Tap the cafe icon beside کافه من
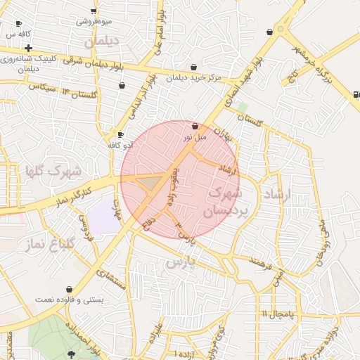pyautogui.click(x=18, y=24)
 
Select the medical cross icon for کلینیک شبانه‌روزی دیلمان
pyautogui.click(x=27, y=48)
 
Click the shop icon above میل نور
pyautogui.click(x=194, y=126)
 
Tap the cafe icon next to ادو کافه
pyautogui.click(x=121, y=135)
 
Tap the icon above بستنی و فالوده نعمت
pyautogui.click(x=69, y=289)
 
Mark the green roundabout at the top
pyautogui.click(x=281, y=30)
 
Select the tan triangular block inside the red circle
pyautogui.click(x=149, y=183)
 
